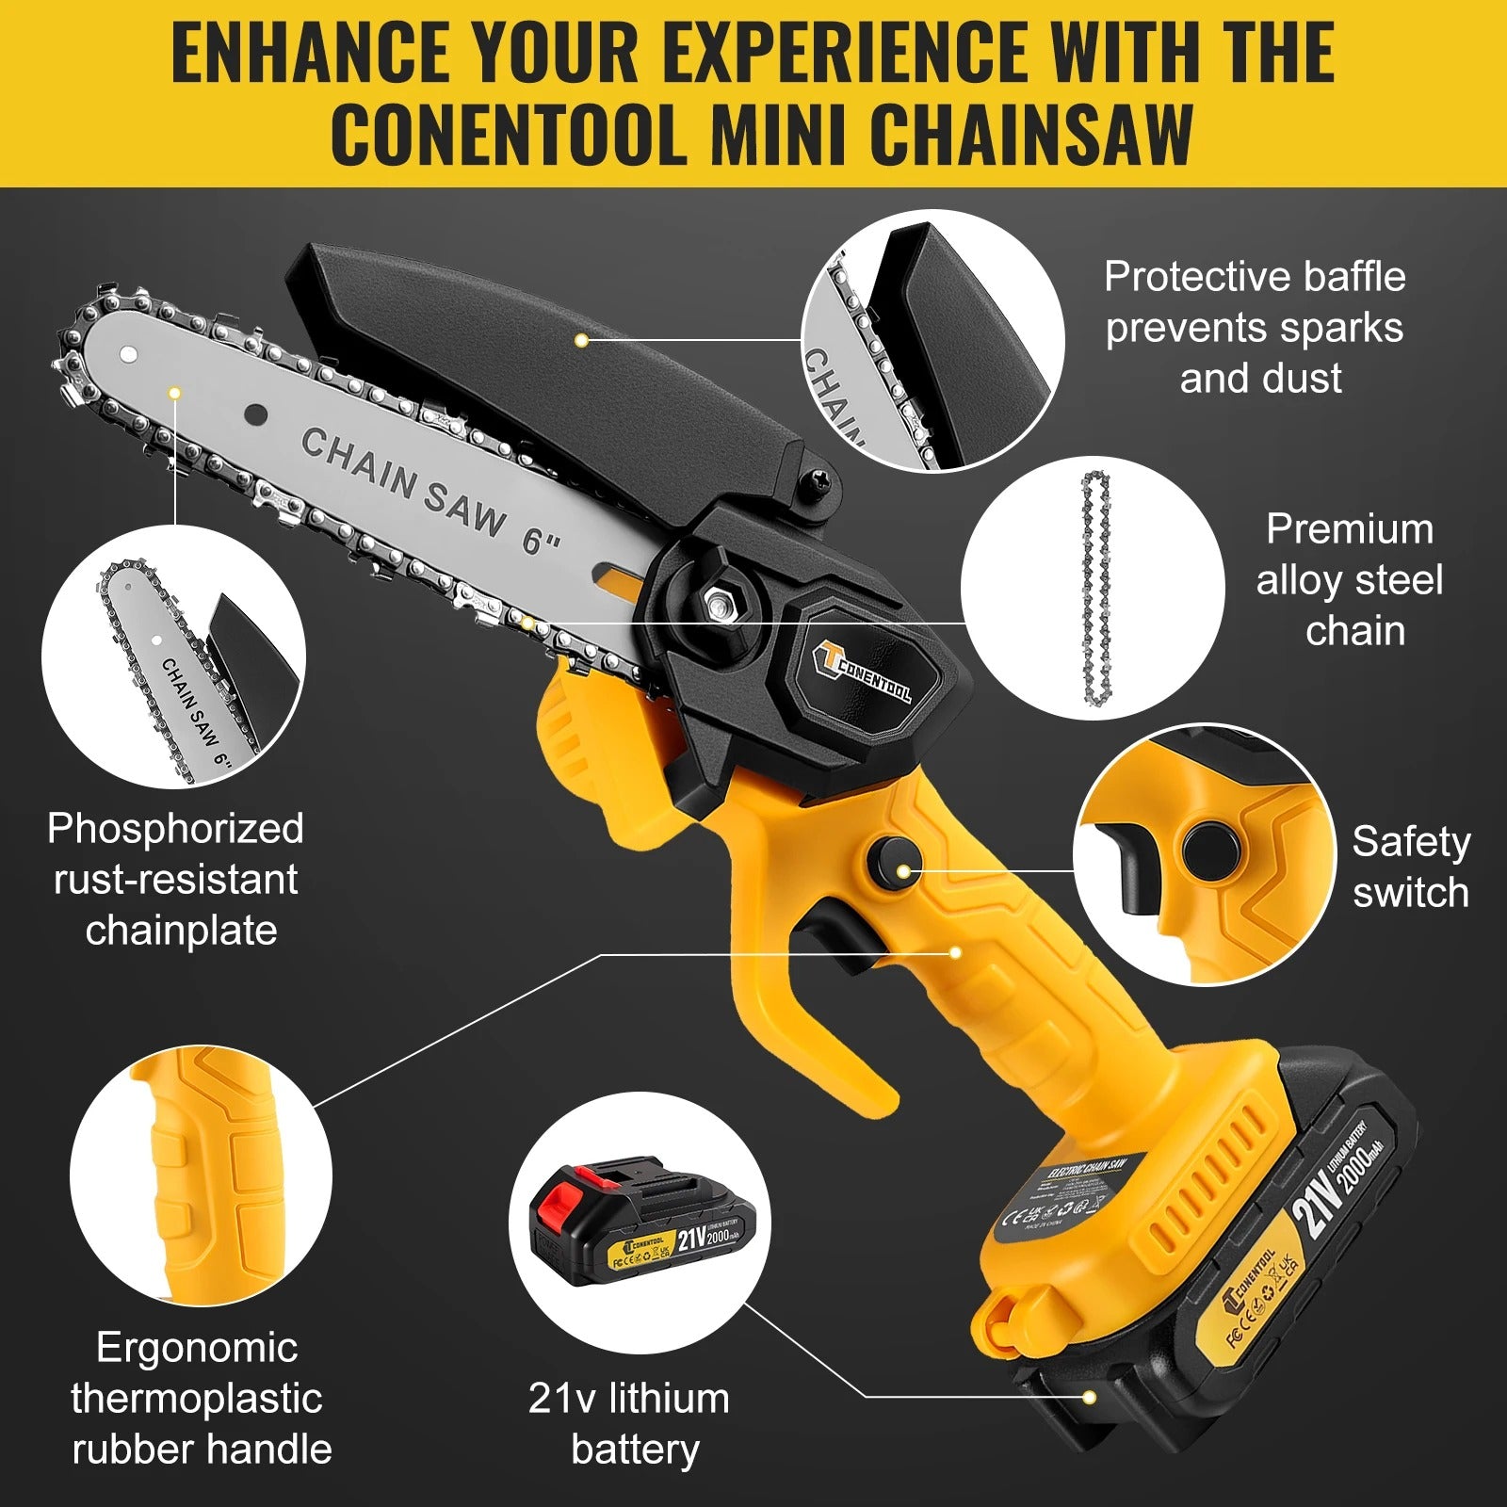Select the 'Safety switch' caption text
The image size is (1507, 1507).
[x=1410, y=867]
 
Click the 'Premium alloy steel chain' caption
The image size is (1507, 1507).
[x=1350, y=580]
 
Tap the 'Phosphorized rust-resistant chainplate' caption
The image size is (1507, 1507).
[x=176, y=879]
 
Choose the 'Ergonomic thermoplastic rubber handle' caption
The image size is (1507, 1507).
[x=201, y=1398]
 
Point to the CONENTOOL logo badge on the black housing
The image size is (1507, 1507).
[x=862, y=672]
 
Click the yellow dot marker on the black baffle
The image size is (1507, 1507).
[x=582, y=340]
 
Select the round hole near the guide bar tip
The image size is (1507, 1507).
[x=128, y=354]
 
